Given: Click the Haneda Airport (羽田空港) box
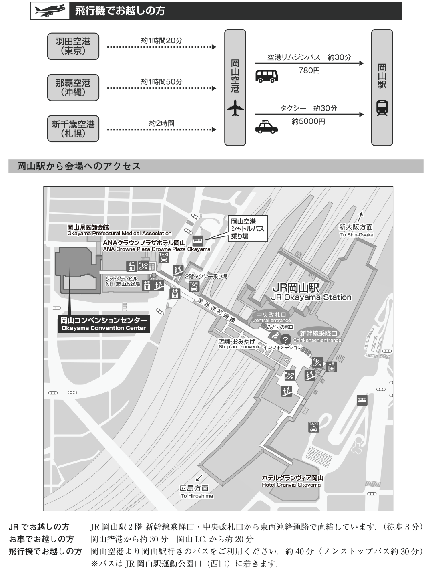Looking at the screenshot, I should coord(73,46).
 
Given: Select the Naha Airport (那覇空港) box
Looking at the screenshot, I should coord(73,87).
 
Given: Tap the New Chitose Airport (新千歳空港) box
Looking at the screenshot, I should coord(73,129).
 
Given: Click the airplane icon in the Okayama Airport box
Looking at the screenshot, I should coord(235,108).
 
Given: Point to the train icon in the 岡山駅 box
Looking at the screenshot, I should coord(382,108).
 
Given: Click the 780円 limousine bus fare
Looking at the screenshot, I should coord(309,71).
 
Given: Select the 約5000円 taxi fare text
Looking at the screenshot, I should coord(308,121).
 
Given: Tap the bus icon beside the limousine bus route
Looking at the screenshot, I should coord(265,76).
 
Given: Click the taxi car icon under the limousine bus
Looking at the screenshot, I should coord(266,127).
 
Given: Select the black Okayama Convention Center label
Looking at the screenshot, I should coord(104,324).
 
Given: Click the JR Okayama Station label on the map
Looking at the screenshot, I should coord(311,293).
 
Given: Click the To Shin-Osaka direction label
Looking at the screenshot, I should coord(356,231).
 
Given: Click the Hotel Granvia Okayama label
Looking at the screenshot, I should coord(292,481).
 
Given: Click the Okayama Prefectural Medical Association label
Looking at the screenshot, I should coord(119,230).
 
